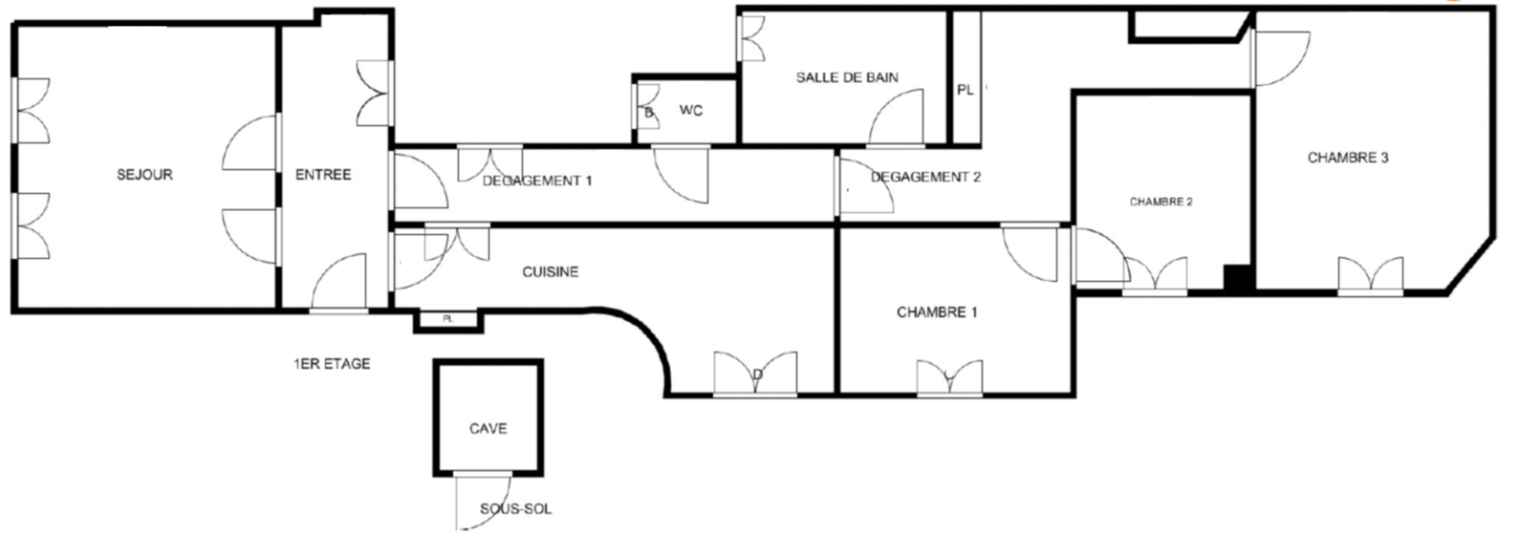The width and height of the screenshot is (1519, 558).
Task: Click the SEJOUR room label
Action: pyautogui.click(x=144, y=175)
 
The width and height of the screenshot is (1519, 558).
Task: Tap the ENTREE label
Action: pyautogui.click(x=323, y=175)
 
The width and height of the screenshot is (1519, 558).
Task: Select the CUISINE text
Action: pyautogui.click(x=550, y=272)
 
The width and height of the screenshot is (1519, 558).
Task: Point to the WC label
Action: pyautogui.click(x=691, y=111)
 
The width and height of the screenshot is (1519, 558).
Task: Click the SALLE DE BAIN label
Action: pyautogui.click(x=847, y=77)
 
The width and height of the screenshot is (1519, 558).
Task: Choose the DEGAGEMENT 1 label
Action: pyautogui.click(x=537, y=181)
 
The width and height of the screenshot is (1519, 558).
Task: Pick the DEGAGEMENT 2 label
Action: pyautogui.click(x=925, y=177)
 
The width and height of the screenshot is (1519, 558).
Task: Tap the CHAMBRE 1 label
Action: pyautogui.click(x=937, y=312)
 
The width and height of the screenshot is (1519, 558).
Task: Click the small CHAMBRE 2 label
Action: pyautogui.click(x=1161, y=202)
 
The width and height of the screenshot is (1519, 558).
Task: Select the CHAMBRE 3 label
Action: pyautogui.click(x=1348, y=158)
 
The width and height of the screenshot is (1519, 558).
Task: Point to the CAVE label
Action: pyautogui.click(x=488, y=428)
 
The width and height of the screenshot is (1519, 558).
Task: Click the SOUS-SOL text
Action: pyautogui.click(x=515, y=508)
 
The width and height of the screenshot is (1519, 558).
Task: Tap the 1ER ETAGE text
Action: pyautogui.click(x=332, y=364)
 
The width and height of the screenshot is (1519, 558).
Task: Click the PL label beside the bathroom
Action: pyautogui.click(x=966, y=90)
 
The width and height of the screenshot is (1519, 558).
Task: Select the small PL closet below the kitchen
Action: pyautogui.click(x=448, y=320)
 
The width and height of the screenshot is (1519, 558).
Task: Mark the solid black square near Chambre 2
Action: pyautogui.click(x=1238, y=278)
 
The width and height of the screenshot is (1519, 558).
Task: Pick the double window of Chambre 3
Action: pyautogui.click(x=1371, y=276)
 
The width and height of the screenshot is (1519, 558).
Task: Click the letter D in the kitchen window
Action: pyautogui.click(x=758, y=375)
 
